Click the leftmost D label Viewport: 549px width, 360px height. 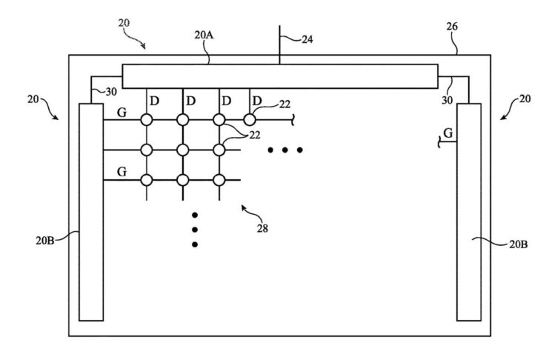(155, 100)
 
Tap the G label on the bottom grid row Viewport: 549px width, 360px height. (122, 173)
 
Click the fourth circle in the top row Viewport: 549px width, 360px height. (250, 119)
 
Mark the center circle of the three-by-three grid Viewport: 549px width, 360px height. (182, 150)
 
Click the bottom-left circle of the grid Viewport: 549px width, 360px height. (147, 180)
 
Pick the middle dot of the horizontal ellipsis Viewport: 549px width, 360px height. (285, 150)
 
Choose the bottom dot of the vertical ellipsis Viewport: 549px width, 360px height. (195, 244)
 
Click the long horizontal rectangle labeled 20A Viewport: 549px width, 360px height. (280, 76)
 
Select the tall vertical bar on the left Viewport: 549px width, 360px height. (90, 212)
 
